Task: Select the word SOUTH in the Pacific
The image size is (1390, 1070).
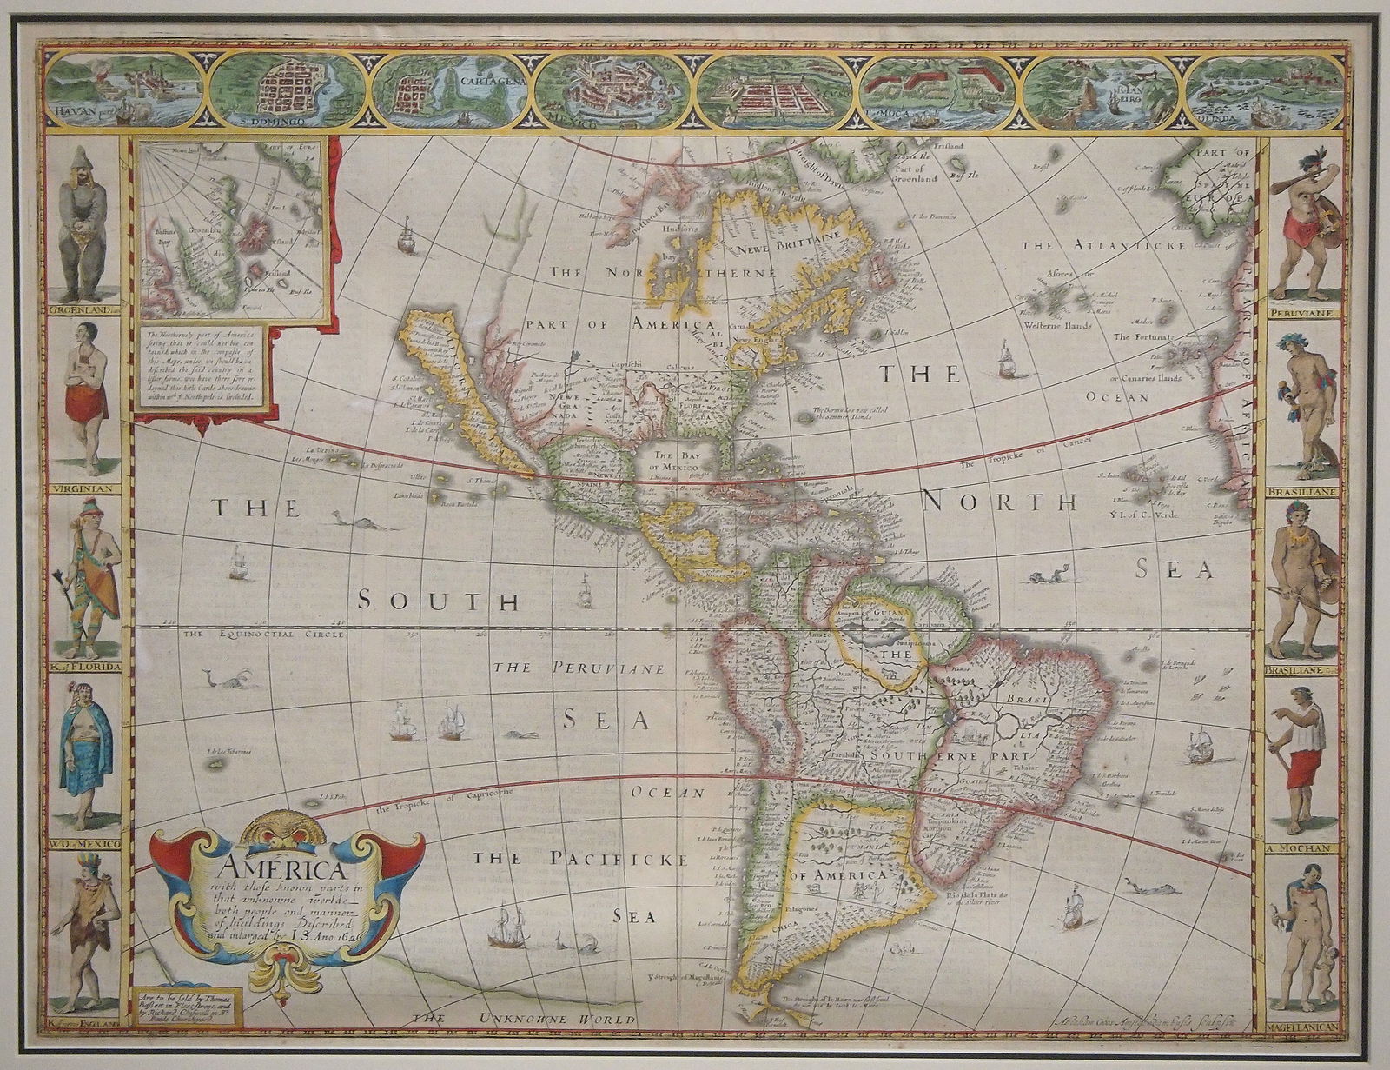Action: tap(440, 601)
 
